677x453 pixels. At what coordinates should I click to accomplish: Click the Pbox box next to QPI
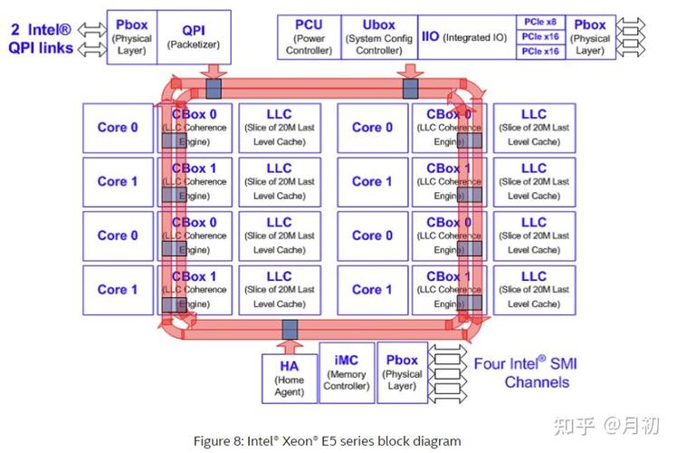132,37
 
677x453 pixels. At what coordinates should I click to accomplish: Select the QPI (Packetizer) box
194,37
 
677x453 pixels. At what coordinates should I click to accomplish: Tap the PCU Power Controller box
309,37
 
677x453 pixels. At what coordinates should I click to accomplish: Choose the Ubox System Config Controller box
379,37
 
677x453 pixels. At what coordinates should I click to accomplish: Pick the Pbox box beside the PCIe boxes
591,37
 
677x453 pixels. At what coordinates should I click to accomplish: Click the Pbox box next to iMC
402,373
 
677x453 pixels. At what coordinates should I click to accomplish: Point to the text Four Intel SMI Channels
525,372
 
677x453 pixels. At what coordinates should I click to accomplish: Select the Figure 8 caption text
327,440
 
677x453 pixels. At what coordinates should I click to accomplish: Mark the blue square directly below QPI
214,88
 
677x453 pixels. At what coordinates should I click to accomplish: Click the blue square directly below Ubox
410,88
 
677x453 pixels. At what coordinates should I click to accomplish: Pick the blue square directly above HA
290,329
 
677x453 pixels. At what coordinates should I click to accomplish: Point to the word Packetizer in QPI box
194,44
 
